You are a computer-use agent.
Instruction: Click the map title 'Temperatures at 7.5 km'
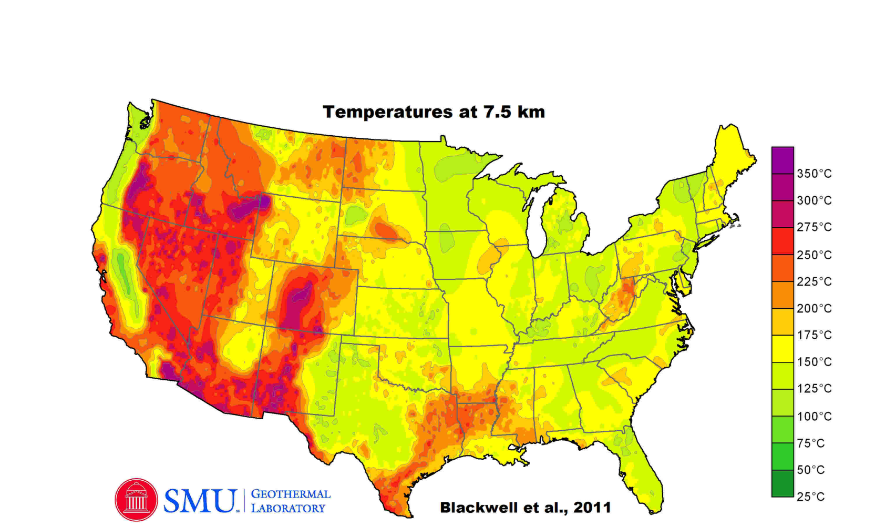(434, 112)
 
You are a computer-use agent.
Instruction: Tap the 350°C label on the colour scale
(814, 174)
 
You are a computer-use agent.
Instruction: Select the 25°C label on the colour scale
(810, 497)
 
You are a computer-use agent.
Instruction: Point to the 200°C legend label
(814, 308)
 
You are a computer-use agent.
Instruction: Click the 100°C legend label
(814, 417)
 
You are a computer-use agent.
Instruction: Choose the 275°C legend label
(814, 227)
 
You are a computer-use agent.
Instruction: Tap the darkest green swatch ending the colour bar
(782, 483)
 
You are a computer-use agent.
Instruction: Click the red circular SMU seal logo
(136, 500)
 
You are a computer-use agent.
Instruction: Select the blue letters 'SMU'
(200, 501)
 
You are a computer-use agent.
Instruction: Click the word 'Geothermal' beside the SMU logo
(291, 494)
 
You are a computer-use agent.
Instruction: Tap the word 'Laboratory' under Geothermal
(288, 509)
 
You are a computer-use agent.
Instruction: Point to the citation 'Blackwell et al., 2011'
(525, 508)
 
